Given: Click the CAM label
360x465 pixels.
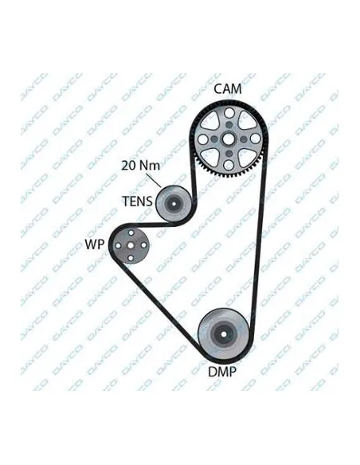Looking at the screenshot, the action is (228, 88).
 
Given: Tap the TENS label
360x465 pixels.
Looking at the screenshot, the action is (137, 201).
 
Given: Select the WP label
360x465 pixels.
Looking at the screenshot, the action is (95, 244).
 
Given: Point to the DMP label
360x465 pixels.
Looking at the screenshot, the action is (222, 372).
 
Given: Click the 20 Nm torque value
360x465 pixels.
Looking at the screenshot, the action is (140, 165).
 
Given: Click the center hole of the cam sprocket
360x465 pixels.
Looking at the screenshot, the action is (229, 139).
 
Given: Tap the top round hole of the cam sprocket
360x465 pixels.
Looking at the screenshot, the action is (229, 113).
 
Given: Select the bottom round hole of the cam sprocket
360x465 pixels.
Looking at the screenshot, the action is (229, 165).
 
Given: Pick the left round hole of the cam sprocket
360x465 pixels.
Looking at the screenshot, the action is (203, 139).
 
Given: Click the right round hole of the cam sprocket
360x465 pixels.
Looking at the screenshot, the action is (255, 139).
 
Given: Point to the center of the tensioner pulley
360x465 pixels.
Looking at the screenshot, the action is (173, 204).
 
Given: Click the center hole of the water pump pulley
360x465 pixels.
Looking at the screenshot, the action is (131, 245).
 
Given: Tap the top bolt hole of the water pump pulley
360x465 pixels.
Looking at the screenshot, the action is (131, 232).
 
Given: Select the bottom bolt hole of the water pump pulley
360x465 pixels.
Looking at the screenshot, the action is (131, 258).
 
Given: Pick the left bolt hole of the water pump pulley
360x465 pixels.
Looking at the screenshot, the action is (118, 245).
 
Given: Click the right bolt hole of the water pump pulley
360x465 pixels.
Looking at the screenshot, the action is (143, 245).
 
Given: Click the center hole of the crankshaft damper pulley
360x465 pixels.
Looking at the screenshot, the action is (224, 334).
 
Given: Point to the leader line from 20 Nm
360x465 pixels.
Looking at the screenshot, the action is (153, 180).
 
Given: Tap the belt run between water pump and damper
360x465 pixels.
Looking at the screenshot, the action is (157, 306).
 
